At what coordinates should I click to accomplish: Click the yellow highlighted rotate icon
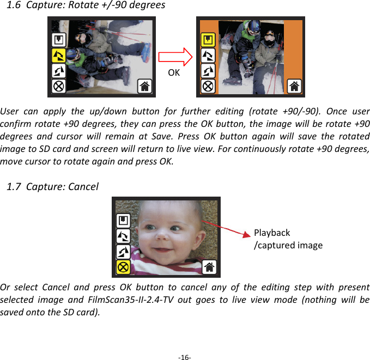[x=58, y=55]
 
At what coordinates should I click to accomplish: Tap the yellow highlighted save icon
[x=208, y=40]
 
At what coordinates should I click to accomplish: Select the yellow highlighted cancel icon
[x=123, y=267]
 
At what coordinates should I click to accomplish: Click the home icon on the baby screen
[x=210, y=267]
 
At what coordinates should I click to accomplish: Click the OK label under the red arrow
[x=174, y=72]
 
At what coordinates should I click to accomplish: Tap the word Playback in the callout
[x=272, y=233]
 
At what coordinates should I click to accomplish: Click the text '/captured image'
[x=288, y=245]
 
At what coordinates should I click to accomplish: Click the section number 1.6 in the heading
[x=14, y=5]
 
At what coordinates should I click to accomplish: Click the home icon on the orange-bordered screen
[x=294, y=86]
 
